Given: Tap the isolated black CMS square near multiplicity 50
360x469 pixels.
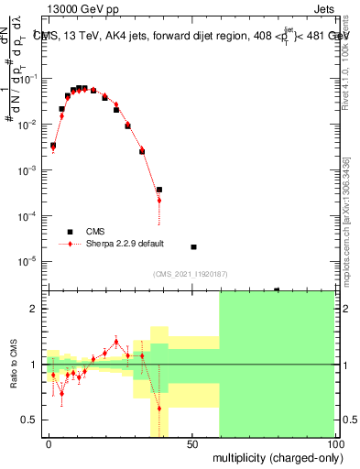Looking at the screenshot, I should point(193,247).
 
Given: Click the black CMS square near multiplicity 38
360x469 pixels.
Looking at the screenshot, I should point(158,190).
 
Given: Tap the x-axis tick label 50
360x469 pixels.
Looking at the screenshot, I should point(192,442).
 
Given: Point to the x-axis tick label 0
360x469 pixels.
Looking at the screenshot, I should point(49,442).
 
